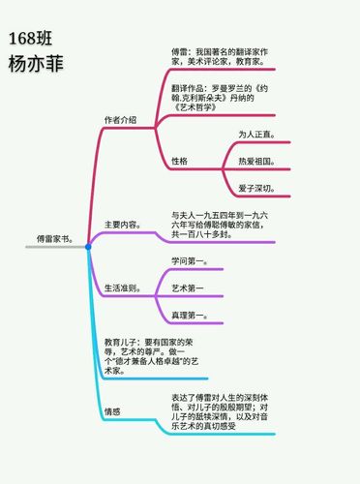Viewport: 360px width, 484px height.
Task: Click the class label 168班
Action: coord(30,38)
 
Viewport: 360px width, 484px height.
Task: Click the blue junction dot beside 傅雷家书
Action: coord(88,247)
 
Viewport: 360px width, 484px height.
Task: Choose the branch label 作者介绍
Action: coord(120,120)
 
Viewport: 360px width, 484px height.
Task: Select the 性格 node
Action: coord(179,160)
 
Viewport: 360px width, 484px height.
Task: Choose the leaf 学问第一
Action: coord(190,261)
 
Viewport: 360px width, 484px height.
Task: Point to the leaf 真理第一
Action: coord(190,316)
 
